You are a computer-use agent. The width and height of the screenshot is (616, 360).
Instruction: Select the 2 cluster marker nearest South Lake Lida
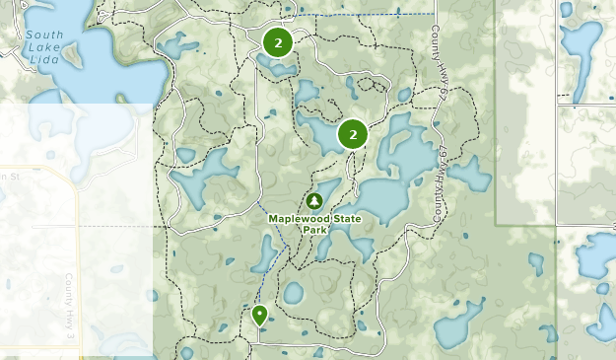[x=278, y=42]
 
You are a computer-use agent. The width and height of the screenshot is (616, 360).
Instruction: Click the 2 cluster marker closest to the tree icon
[x=352, y=134]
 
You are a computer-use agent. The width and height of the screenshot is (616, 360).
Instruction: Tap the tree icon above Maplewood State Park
[x=314, y=201]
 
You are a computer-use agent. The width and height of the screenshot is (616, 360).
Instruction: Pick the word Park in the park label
[x=314, y=230]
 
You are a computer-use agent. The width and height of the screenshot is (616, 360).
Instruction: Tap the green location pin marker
[x=259, y=315]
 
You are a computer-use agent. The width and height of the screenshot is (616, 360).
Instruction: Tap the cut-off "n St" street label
[x=10, y=176]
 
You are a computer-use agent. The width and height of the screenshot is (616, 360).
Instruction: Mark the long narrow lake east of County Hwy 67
[x=471, y=175]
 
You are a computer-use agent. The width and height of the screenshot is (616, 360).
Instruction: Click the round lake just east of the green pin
[x=293, y=293]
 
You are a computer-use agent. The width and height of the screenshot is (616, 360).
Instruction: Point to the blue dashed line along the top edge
[x=375, y=15]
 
